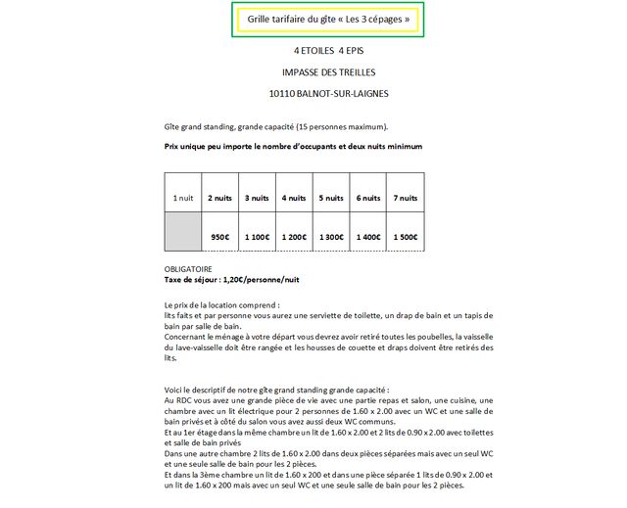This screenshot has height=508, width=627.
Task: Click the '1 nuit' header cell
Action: coord(183,198)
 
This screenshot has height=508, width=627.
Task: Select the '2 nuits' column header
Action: coord(219,198)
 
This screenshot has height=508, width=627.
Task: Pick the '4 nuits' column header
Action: coord(294,198)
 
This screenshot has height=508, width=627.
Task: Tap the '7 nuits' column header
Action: coord(406,198)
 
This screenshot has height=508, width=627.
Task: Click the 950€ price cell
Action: coord(219,237)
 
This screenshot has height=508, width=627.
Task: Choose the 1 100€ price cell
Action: coord(257,237)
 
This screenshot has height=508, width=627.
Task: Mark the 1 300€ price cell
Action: coord(331,237)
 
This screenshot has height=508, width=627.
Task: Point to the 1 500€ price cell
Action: coord(406,237)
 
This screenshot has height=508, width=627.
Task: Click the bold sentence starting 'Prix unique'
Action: coord(294,146)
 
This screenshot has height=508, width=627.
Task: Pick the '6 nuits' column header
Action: coord(368,198)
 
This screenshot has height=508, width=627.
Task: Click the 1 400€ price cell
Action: coord(368,237)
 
